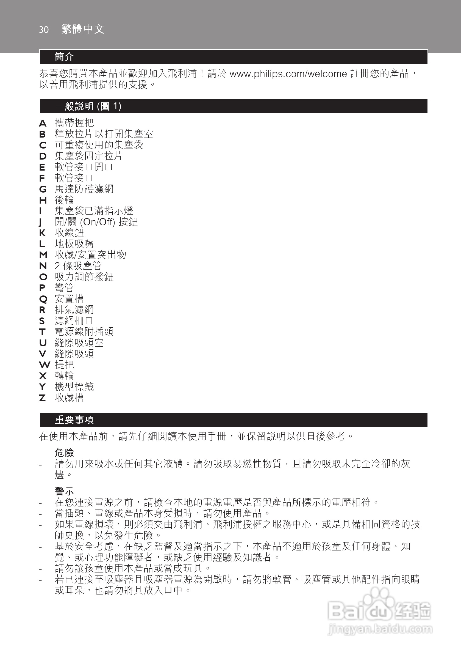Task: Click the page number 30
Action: click(x=44, y=30)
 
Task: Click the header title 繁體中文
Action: click(x=83, y=29)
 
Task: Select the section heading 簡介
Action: click(x=64, y=57)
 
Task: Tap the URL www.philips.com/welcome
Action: click(x=288, y=74)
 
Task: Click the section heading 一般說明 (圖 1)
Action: click(x=88, y=106)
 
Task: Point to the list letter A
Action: click(x=43, y=123)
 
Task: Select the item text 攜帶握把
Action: click(x=74, y=123)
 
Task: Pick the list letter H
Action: click(x=43, y=200)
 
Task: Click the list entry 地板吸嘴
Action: click(x=74, y=244)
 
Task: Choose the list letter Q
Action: click(x=43, y=299)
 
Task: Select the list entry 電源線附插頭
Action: click(x=84, y=332)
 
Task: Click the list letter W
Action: click(x=44, y=365)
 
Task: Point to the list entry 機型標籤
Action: click(x=74, y=387)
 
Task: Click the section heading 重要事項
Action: click(x=74, y=420)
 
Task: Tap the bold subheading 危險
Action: click(x=64, y=453)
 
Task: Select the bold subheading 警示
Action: click(x=64, y=491)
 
